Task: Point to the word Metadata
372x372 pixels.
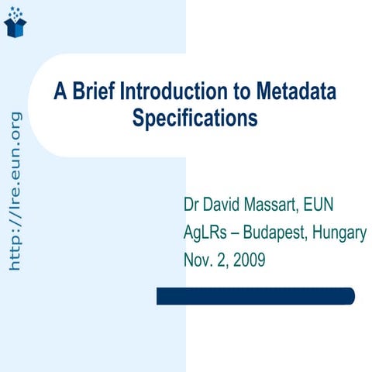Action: tap(297, 91)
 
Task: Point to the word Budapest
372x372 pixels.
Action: tap(272, 233)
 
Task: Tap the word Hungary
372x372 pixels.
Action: tap(336, 233)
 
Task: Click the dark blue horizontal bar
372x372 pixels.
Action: tap(256, 296)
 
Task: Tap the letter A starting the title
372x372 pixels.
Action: tap(60, 91)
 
